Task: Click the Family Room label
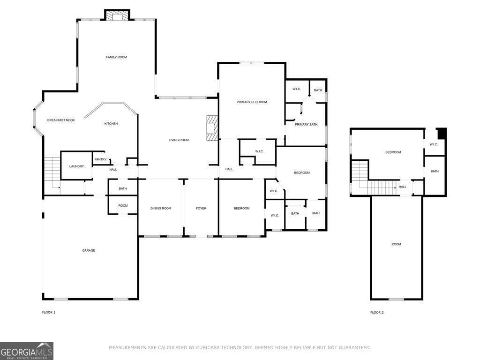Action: (x=116, y=57)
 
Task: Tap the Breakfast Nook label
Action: (x=61, y=120)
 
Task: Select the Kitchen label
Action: (x=111, y=124)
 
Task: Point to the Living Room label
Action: (x=179, y=140)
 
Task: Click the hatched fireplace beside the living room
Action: (x=212, y=128)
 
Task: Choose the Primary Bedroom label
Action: (x=252, y=102)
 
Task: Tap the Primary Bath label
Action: (x=306, y=125)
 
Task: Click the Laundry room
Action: (x=76, y=165)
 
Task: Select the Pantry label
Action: (x=100, y=159)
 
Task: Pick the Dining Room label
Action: (x=161, y=209)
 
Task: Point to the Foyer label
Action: (x=201, y=209)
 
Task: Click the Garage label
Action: (x=89, y=251)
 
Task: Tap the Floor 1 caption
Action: (x=49, y=313)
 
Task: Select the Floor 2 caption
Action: (x=377, y=313)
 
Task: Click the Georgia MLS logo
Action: (x=27, y=351)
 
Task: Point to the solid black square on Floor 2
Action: (x=442, y=134)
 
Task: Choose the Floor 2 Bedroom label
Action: (x=393, y=152)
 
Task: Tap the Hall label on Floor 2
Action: (x=403, y=187)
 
